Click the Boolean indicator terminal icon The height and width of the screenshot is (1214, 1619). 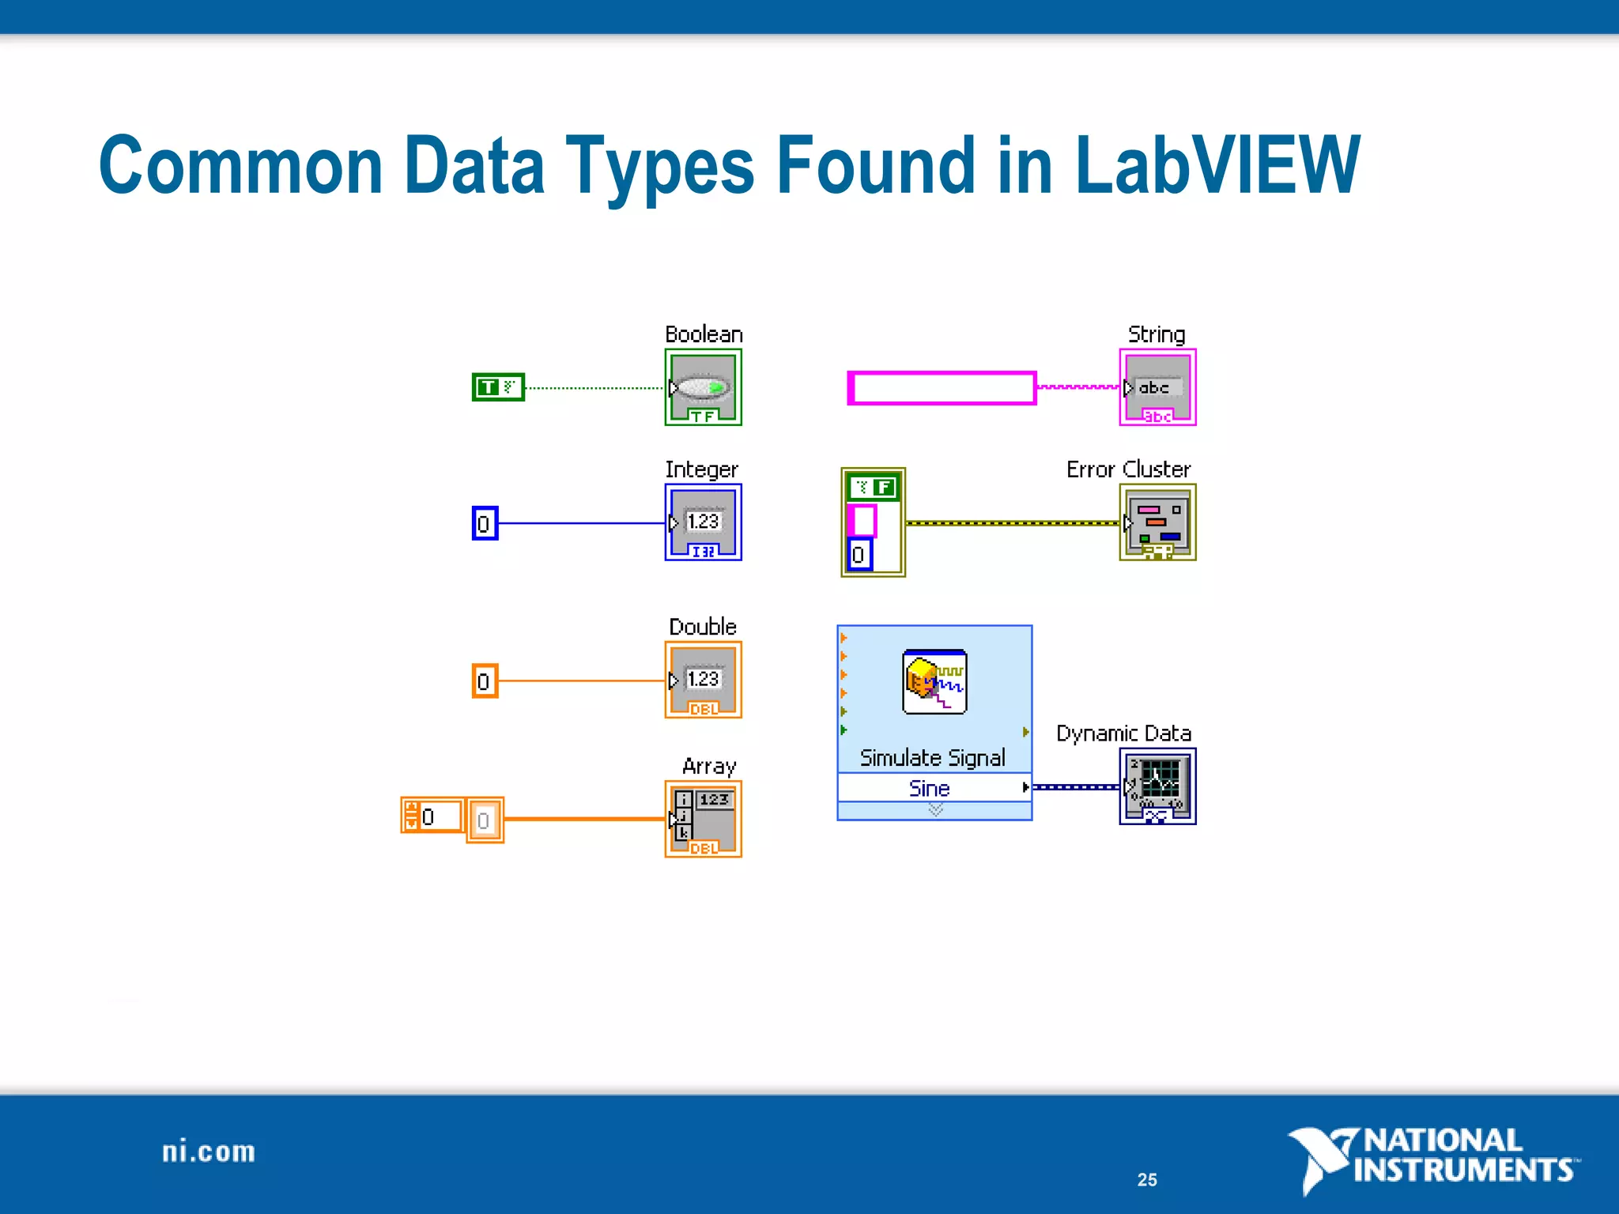(703, 387)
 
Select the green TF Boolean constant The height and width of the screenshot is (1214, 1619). (498, 387)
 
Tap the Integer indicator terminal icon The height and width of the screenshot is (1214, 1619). (703, 522)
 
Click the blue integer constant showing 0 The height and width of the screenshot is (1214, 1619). (485, 523)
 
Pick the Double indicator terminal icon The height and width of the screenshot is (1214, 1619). (703, 680)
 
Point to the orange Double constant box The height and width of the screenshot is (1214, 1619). (485, 681)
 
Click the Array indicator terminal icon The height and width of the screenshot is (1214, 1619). (703, 819)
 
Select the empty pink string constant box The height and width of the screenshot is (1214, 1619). (942, 388)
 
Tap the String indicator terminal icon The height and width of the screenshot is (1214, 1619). (1157, 387)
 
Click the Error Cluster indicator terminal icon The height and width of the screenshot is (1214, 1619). (1157, 522)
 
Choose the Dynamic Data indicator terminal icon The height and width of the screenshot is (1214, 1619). (1157, 786)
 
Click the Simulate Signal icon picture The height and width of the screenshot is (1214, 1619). (934, 681)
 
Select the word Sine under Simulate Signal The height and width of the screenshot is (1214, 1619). (930, 788)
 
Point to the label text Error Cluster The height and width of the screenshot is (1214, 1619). (1128, 469)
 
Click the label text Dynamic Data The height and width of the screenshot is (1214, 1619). (1123, 733)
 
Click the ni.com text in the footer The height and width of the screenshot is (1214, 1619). (209, 1152)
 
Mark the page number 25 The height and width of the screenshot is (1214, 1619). (1147, 1180)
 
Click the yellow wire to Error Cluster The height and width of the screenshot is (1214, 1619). (1012, 523)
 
